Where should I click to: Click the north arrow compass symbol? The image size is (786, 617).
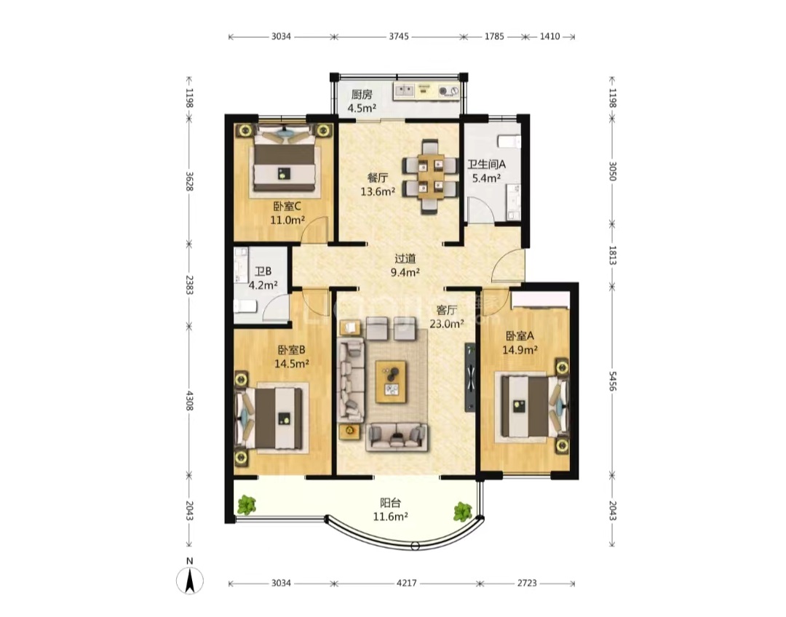pyautogui.click(x=190, y=581)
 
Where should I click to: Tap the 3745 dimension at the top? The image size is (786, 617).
pyautogui.click(x=399, y=36)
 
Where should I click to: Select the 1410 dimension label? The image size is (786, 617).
pyautogui.click(x=549, y=36)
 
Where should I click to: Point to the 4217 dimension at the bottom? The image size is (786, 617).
pyautogui.click(x=406, y=583)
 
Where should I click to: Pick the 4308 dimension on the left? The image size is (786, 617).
pyautogui.click(x=189, y=401)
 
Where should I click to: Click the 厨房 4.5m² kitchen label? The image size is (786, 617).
pyautogui.click(x=362, y=101)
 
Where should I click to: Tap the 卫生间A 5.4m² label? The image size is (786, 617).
pyautogui.click(x=487, y=171)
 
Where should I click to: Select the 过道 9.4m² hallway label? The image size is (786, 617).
pyautogui.click(x=405, y=266)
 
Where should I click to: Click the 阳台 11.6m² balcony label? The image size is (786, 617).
pyautogui.click(x=390, y=509)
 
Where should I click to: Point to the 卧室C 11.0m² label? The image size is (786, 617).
pyautogui.click(x=287, y=213)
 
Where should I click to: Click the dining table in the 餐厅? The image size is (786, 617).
pyautogui.click(x=431, y=176)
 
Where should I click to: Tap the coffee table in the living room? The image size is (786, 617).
pyautogui.click(x=391, y=381)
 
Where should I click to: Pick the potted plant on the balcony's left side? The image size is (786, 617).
pyautogui.click(x=246, y=505)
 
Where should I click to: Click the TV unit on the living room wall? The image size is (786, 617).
pyautogui.click(x=470, y=377)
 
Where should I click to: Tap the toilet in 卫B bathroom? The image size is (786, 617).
pyautogui.click(x=245, y=306)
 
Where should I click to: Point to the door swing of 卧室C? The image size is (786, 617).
pyautogui.click(x=317, y=230)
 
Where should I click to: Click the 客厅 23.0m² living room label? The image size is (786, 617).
pyautogui.click(x=447, y=317)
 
